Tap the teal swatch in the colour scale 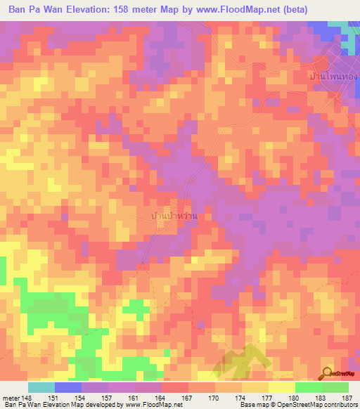41,387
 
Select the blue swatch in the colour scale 68,387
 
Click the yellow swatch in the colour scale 281,387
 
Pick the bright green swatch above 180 308,387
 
